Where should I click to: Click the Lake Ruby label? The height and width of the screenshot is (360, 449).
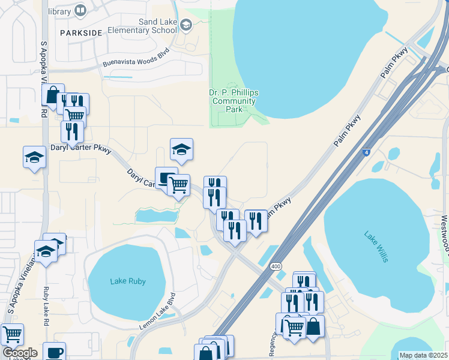pos(128,281)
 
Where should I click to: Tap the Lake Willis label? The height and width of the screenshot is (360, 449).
pos(376,247)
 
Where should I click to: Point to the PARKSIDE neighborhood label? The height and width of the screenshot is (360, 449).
pos(81,34)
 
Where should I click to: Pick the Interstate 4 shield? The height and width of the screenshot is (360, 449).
pos(366,153)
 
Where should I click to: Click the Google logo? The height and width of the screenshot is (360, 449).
pos(19,353)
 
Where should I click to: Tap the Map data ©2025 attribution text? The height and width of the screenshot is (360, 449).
pos(423,355)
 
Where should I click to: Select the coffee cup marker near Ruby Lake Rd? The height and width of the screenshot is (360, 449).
pos(54,352)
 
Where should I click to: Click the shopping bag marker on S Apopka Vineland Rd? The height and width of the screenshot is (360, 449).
pos(53,95)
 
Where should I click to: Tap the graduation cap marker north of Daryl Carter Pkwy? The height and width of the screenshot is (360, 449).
pos(181,149)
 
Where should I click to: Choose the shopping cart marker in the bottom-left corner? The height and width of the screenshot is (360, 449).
pos(12,334)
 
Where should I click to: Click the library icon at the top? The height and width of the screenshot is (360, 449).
pos(80,10)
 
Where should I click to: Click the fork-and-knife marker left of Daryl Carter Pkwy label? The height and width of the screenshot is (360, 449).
pos(72,131)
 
